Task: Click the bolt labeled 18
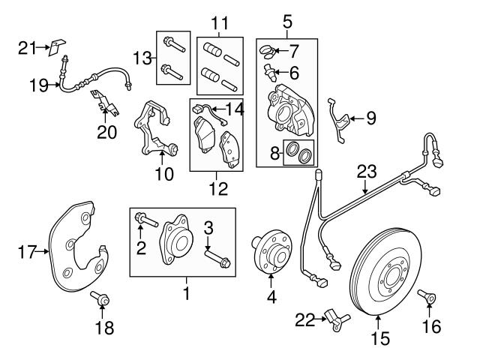100,300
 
